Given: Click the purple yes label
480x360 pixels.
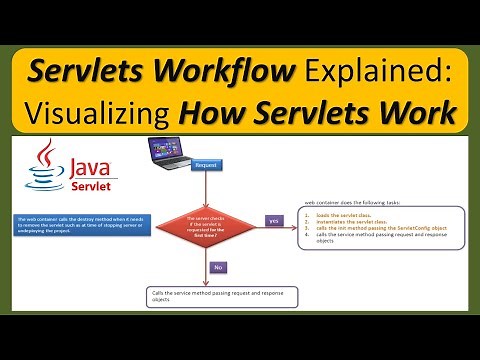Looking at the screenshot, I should click(x=274, y=220).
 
